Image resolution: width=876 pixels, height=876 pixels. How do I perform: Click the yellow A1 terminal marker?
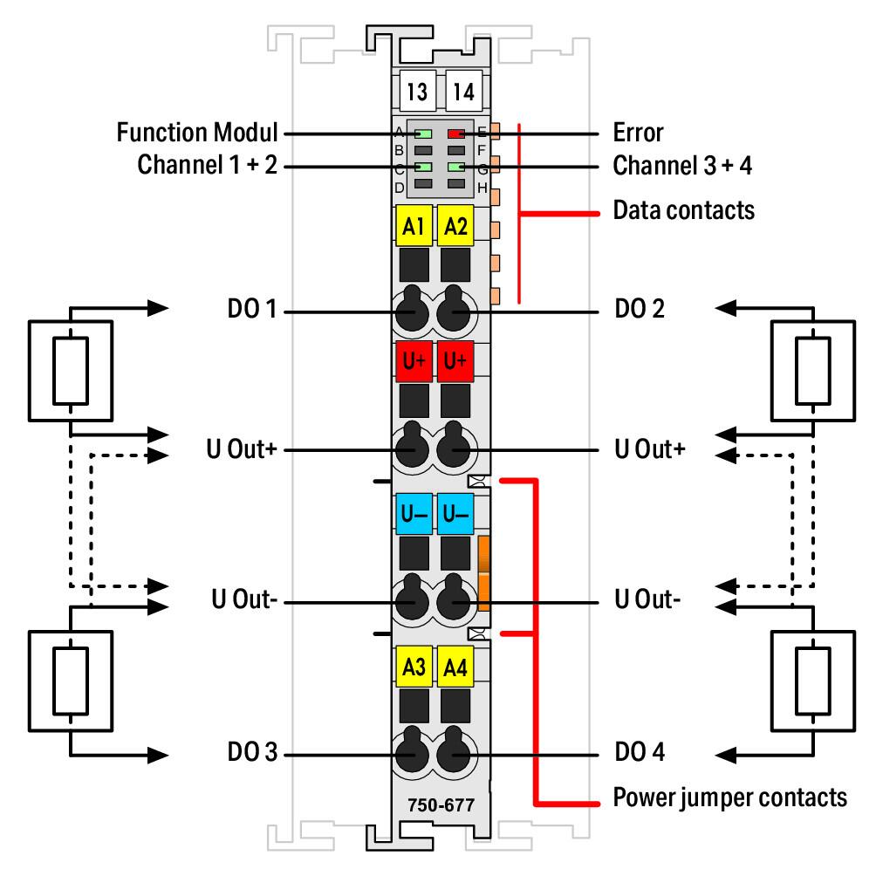[x=414, y=226]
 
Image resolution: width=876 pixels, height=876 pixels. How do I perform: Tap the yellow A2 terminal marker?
[x=455, y=226]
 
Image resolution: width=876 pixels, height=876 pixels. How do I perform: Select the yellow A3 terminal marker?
[x=414, y=667]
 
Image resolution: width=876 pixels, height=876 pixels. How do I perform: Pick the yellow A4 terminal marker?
[x=455, y=667]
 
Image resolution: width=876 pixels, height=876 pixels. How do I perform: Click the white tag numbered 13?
[x=417, y=91]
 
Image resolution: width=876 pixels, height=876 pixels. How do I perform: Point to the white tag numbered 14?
[x=463, y=91]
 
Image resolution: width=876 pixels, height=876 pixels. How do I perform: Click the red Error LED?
[x=455, y=134]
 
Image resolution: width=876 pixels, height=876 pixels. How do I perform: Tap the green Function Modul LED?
[x=423, y=134]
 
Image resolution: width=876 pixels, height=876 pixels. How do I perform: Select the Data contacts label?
[x=684, y=210]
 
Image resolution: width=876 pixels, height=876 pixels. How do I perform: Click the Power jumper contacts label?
[x=729, y=797]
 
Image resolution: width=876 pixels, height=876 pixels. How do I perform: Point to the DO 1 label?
[x=252, y=308]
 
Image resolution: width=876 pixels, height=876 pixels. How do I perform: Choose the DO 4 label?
[x=640, y=751]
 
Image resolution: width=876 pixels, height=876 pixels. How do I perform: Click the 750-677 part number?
[x=441, y=805]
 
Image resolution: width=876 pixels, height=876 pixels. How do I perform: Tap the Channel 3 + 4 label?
[x=682, y=166]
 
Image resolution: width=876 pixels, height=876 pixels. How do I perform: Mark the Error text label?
[x=638, y=133]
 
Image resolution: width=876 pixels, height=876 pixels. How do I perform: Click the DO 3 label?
[x=252, y=751]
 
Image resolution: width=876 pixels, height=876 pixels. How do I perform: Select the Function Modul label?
[x=196, y=133]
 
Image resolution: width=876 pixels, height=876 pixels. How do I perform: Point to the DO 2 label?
[x=640, y=308]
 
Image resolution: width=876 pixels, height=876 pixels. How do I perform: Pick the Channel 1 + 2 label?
[x=208, y=165]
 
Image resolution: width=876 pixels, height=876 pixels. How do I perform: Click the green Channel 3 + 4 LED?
[x=455, y=167]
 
